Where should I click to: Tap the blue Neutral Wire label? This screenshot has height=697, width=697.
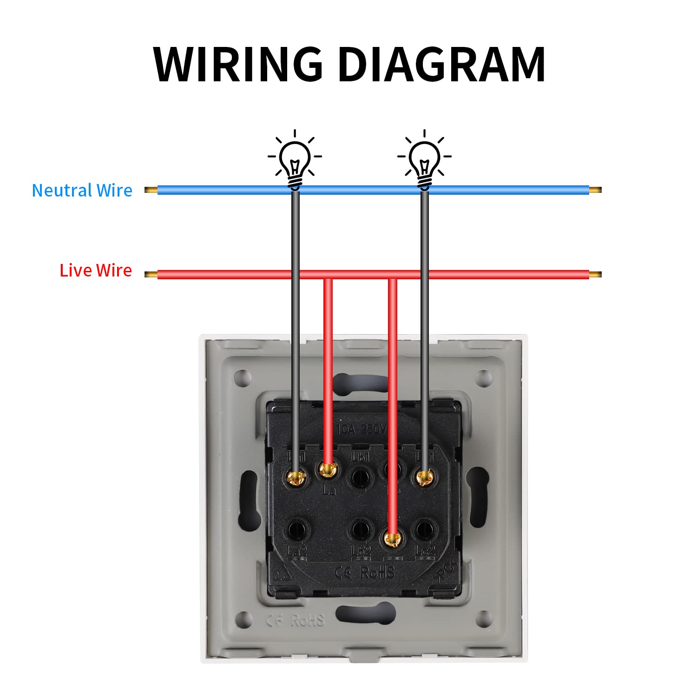coord(82,191)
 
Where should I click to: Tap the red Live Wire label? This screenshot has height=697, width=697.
coord(96,270)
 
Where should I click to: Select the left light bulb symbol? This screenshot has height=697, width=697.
coord(295,160)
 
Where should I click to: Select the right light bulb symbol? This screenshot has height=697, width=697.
coord(424,160)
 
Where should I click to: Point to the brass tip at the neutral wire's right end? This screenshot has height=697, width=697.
coord(595,190)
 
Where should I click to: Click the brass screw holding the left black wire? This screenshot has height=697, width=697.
coord(296,477)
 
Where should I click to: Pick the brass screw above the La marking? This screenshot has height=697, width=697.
coord(328,470)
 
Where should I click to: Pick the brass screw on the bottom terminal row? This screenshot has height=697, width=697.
coord(393,539)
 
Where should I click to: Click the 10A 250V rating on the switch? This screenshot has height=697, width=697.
coord(362,429)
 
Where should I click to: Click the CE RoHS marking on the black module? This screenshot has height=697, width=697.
coord(365,572)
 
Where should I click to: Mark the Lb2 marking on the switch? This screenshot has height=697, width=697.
coord(361,551)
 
